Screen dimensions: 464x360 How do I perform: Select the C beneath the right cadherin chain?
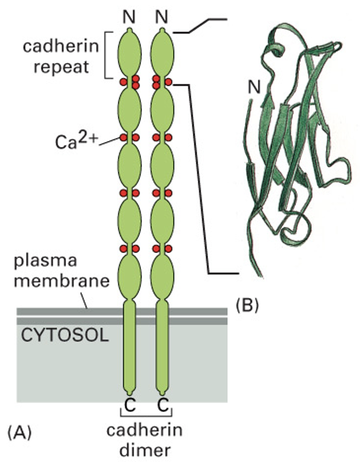click(x=163, y=405)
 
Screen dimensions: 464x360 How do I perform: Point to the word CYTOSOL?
click(x=65, y=336)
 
